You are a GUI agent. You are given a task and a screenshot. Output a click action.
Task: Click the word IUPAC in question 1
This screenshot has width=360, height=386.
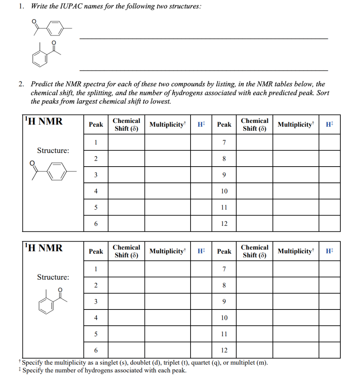coord(66,6)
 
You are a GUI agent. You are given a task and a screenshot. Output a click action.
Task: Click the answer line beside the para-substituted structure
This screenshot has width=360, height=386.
coord(203,38)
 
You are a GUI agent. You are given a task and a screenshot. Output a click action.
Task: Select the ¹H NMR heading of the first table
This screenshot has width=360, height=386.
coord(43,122)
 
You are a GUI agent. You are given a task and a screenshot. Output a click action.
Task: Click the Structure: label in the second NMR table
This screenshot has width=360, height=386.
coord(53,277)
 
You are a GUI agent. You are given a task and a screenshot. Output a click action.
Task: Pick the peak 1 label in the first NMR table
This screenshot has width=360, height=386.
coord(96,142)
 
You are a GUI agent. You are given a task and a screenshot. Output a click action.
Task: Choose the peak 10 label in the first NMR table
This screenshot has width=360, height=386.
coord(224,191)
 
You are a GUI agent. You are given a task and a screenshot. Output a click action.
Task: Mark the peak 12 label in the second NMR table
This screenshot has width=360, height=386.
coord(224,350)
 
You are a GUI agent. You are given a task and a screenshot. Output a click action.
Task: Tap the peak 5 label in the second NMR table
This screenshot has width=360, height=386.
coord(96,334)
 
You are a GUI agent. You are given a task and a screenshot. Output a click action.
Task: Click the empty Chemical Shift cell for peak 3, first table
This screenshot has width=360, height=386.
coord(126,175)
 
